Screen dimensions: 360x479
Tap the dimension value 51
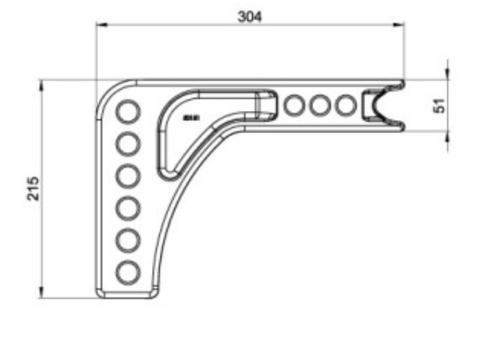(x=440, y=105)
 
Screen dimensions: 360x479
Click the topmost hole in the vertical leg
(x=128, y=112)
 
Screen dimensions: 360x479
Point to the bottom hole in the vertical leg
(x=128, y=271)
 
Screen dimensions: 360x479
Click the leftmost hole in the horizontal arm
(x=294, y=105)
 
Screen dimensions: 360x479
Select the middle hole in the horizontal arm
(x=320, y=105)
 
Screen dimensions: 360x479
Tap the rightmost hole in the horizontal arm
(x=346, y=105)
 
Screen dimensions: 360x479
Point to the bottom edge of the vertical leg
(x=127, y=296)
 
